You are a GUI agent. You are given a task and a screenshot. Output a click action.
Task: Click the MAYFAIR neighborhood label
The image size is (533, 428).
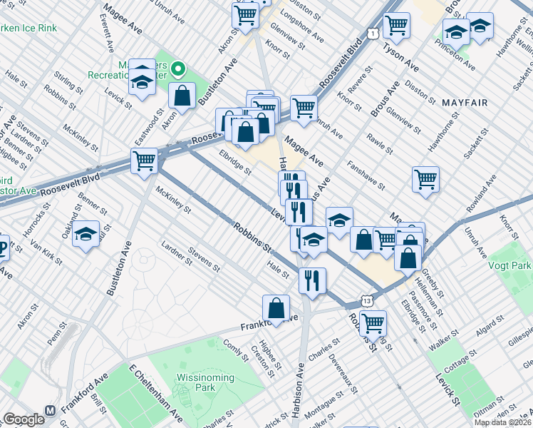click(465, 103)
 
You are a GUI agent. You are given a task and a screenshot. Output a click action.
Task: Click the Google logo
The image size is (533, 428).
click(24, 419)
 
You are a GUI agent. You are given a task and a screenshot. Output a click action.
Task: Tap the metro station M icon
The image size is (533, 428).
click(50, 412)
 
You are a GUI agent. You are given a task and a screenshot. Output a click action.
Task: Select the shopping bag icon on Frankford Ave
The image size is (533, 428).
click(276, 308)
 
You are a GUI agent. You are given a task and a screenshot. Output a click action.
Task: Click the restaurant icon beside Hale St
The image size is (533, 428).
click(312, 280)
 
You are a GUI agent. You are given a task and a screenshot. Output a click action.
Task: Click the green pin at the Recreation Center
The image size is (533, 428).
click(178, 70)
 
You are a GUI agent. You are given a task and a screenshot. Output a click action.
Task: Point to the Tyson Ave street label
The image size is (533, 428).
click(400, 56)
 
